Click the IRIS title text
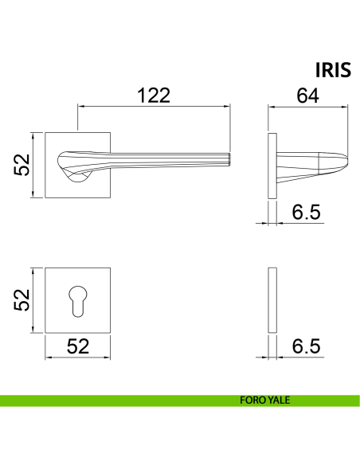click(333, 70)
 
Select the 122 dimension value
click(154, 96)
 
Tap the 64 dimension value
click(307, 96)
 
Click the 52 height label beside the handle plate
click(22, 165)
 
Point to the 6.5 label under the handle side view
click(306, 212)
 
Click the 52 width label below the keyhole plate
click(78, 346)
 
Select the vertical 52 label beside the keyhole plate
click(22, 300)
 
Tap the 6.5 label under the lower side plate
click(306, 346)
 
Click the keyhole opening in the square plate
click(78, 301)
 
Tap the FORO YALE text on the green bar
click(264, 400)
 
